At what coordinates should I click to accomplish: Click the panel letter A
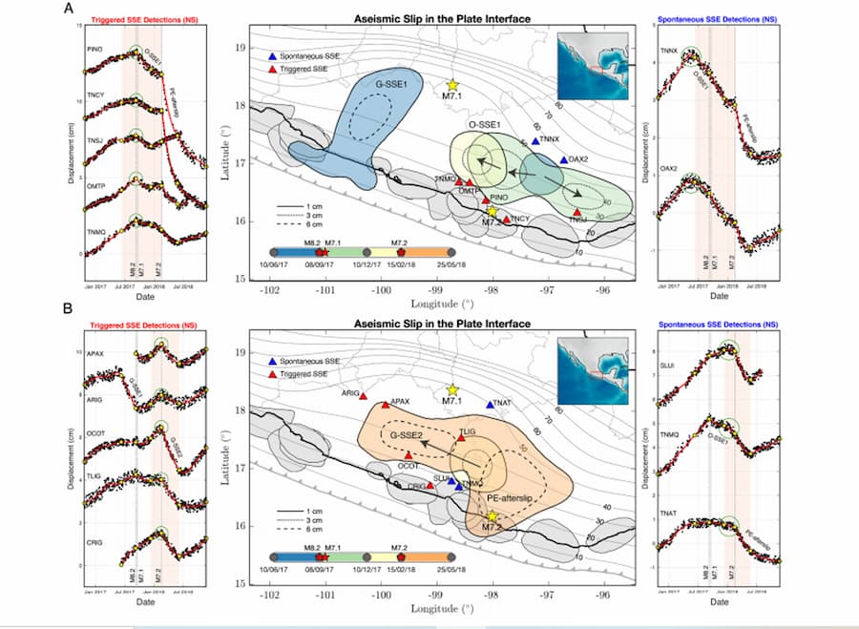[x=68, y=9]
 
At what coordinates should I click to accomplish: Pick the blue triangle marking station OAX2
[x=564, y=160]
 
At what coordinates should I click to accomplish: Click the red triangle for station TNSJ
[x=577, y=212]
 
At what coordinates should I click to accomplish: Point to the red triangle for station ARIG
[x=364, y=395]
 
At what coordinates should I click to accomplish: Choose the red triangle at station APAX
[x=386, y=405]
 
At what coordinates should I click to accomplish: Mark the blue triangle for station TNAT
[x=491, y=405]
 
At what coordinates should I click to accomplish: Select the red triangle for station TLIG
[x=460, y=438]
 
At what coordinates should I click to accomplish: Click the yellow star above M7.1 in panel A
[x=452, y=86]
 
